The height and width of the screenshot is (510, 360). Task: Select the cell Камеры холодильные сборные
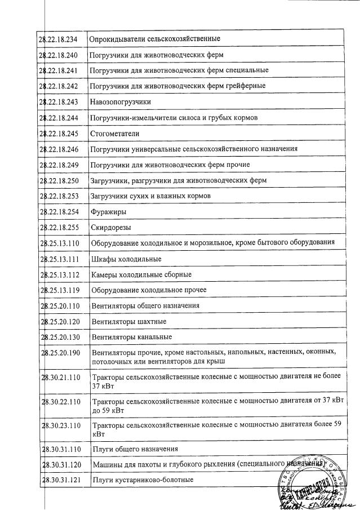click(141, 274)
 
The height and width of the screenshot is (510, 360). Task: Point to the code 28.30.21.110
click(61, 377)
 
